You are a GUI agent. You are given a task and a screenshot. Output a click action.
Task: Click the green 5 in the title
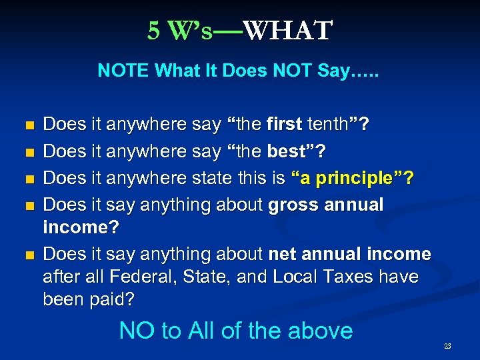[154, 31]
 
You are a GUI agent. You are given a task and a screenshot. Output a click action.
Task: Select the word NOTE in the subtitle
[121, 71]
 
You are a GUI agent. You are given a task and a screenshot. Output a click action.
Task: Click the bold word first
[284, 123]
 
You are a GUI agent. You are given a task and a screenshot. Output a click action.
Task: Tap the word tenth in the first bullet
[333, 123]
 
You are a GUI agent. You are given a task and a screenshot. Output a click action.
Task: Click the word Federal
[137, 276]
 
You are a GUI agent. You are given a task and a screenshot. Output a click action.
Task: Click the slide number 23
[447, 346]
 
